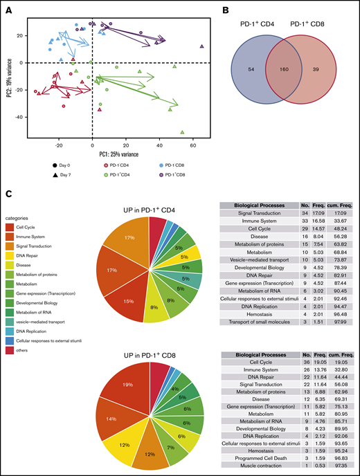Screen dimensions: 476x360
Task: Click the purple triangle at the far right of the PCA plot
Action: click(201, 46)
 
